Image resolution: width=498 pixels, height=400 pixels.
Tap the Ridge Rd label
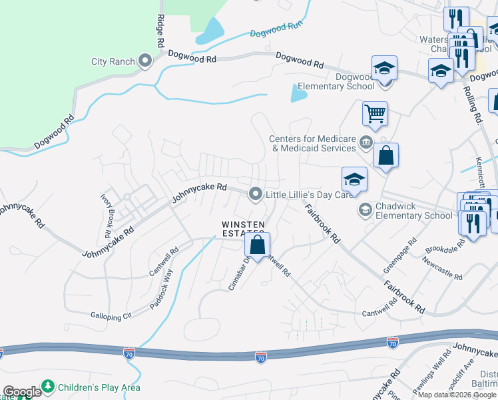pos(160,30)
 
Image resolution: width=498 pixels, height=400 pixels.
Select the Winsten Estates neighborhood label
pos(243,228)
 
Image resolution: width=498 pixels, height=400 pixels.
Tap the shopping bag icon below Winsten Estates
pos(258,245)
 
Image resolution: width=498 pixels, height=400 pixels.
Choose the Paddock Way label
pos(162,288)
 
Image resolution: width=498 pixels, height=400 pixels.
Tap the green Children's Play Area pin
pos(48,387)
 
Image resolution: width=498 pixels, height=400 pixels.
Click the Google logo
pos(22,392)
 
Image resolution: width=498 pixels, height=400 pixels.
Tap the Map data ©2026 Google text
pos(457,394)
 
